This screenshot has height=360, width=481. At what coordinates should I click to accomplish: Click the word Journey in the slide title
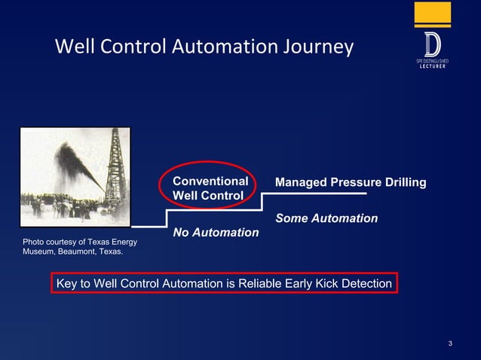[316, 47]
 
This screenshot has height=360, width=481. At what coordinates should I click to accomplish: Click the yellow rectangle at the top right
[433, 14]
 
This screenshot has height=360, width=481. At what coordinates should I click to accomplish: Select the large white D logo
[433, 44]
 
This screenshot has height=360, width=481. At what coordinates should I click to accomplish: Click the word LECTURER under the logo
[434, 66]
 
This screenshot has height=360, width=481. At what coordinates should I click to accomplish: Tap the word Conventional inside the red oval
[210, 182]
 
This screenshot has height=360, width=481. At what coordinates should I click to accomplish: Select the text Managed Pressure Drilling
[351, 183]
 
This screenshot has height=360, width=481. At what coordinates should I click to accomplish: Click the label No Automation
[216, 233]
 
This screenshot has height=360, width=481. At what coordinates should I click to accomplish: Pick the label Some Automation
[326, 218]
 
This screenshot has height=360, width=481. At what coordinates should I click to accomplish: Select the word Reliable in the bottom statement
[262, 284]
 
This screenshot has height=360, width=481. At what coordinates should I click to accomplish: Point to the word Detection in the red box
[364, 284]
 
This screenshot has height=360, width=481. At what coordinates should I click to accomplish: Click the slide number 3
[450, 345]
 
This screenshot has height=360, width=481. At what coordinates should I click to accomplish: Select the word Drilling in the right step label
[403, 183]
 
